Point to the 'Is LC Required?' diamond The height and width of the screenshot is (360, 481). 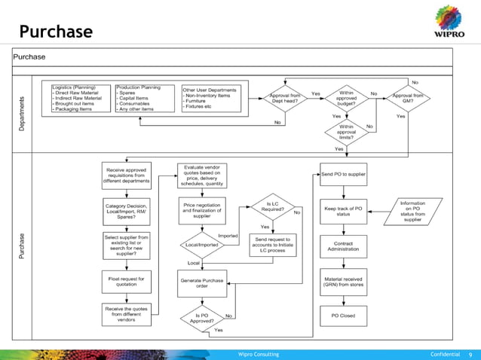[x=271, y=206]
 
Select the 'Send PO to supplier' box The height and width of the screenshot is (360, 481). [x=343, y=175]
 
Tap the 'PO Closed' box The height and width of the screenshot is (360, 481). [x=343, y=316]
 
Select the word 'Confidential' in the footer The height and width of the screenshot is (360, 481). [x=445, y=354]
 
